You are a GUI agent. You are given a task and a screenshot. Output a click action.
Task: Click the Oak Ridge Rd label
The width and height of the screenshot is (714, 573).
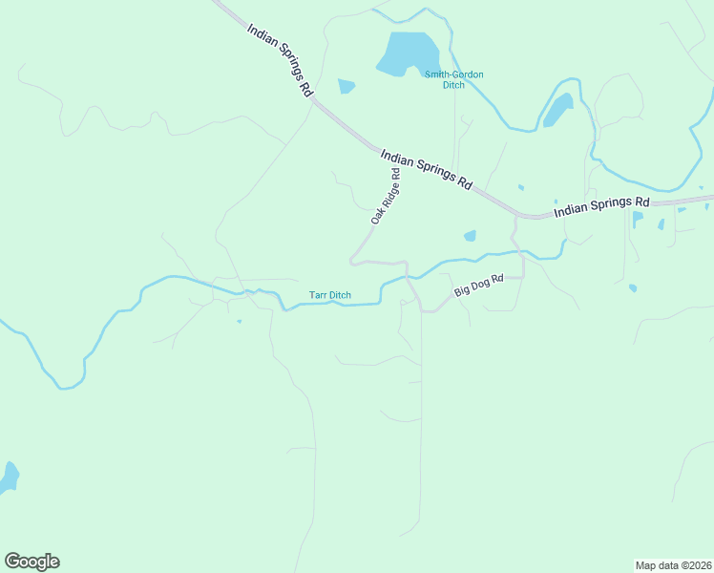pyautogui.click(x=386, y=197)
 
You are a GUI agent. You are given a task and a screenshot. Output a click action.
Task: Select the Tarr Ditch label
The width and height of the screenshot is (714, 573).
pyautogui.click(x=329, y=295)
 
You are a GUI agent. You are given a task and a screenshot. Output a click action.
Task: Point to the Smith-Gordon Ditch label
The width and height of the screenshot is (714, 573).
pyautogui.click(x=453, y=79)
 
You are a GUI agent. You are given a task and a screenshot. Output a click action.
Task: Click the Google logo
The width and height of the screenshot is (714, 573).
pyautogui.click(x=31, y=562)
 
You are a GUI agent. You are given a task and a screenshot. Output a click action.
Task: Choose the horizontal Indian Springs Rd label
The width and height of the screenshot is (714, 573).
pyautogui.click(x=601, y=204)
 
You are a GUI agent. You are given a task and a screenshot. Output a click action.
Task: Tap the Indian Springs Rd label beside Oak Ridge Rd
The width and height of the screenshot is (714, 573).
pyautogui.click(x=426, y=170)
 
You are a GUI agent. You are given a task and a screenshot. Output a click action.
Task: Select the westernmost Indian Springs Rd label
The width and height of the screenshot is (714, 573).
pyautogui.click(x=280, y=59)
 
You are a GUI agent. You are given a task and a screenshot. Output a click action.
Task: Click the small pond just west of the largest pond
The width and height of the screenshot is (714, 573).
pyautogui.click(x=346, y=87)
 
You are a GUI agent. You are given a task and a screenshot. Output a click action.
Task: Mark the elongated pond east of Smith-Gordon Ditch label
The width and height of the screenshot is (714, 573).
pyautogui.click(x=558, y=110)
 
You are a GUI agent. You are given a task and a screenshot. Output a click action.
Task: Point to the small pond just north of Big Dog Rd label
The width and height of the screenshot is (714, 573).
pyautogui.click(x=470, y=236)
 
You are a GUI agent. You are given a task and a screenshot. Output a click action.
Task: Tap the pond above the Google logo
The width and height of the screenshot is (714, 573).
pyautogui.click(x=9, y=477)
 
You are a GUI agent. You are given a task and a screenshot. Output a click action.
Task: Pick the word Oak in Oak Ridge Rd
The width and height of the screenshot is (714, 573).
pyautogui.click(x=376, y=215)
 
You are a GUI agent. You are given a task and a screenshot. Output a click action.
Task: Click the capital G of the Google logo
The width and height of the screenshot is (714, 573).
pyautogui.click(x=11, y=561)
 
